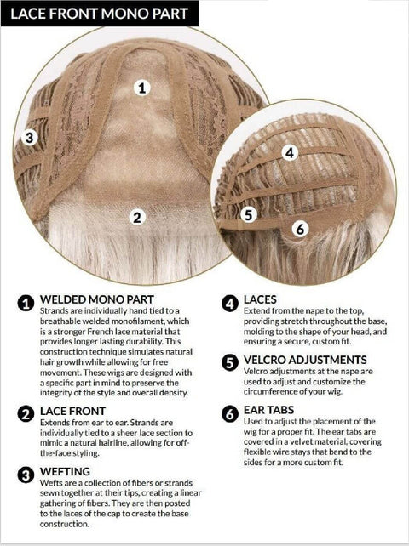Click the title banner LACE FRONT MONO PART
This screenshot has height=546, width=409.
[x=100, y=14]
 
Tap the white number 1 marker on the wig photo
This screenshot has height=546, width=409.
[x=141, y=88]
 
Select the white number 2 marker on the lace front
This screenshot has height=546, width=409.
[x=137, y=217]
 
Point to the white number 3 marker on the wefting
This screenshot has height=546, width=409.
[x=29, y=137]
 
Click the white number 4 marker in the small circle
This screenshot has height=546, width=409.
[x=290, y=152]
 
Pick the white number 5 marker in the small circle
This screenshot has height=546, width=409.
[x=249, y=214]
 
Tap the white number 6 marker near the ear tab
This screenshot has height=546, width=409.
[x=300, y=229]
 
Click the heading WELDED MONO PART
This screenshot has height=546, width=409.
[x=96, y=299]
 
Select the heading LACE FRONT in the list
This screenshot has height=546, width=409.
[x=72, y=411]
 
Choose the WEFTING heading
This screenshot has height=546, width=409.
[x=65, y=471]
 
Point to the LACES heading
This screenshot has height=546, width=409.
[x=260, y=299]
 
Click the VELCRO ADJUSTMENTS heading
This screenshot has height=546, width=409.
[x=305, y=360]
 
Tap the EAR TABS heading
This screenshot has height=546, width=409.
[x=268, y=410]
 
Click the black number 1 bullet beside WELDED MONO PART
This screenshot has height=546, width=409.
[x=26, y=303]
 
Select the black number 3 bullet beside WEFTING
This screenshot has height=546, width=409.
[x=26, y=475]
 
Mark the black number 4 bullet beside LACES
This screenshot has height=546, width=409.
[x=229, y=304]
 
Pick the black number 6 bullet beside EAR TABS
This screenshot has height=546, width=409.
[x=229, y=414]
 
